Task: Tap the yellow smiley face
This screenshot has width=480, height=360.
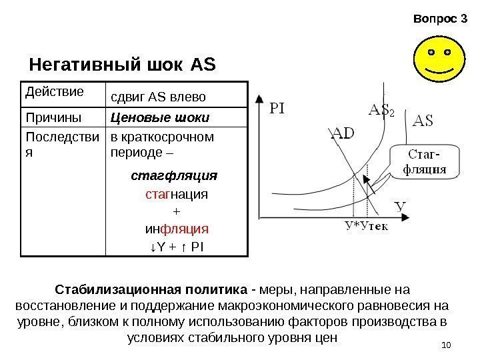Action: [x=437, y=60]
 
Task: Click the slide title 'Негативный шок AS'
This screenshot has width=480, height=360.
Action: [x=123, y=65]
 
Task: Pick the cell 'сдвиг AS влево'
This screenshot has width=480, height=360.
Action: [x=158, y=98]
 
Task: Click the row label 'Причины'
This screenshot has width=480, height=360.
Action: [x=47, y=118]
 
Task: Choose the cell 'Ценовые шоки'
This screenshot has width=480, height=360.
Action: [x=160, y=118]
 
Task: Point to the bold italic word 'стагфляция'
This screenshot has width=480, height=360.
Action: [x=174, y=177]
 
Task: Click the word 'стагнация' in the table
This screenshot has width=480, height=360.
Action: [x=176, y=195]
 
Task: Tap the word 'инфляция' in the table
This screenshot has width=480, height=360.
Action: [x=177, y=229]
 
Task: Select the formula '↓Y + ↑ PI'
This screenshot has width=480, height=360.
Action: [x=176, y=247]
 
